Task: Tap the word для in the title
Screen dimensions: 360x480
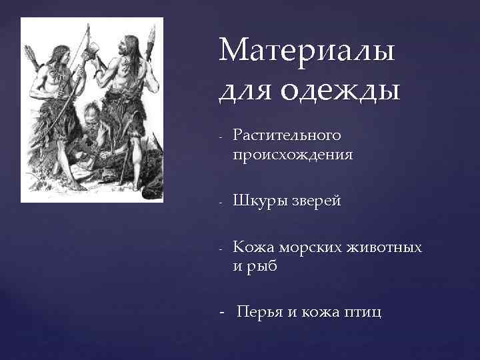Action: [x=242, y=89]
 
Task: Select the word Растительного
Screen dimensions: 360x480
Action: [x=287, y=136]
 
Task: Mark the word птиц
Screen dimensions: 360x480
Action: [x=363, y=312]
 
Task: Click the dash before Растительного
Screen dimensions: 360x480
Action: [x=220, y=137]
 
